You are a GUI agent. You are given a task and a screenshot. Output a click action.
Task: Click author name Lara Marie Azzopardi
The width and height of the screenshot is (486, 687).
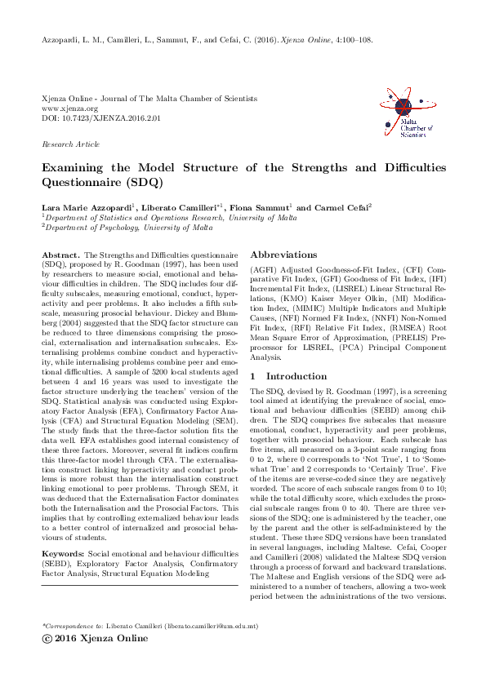(x=77, y=207)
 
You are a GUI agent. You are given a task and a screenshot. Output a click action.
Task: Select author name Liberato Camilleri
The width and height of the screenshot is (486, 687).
(x=172, y=207)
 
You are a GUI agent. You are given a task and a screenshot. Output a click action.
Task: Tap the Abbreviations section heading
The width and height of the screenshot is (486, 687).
(x=283, y=255)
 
